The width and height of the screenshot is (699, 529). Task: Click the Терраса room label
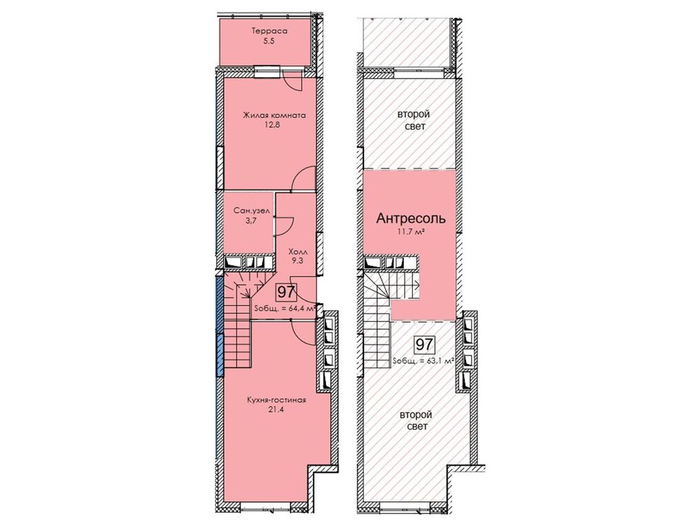[270, 31]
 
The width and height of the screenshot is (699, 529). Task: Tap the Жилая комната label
[274, 115]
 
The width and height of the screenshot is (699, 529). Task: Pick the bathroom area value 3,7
[251, 220]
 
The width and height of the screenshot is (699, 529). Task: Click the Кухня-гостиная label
[276, 400]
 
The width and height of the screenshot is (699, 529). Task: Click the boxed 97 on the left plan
[286, 293]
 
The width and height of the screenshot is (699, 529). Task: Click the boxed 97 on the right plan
[425, 344]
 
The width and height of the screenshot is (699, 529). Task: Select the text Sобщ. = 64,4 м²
[285, 308]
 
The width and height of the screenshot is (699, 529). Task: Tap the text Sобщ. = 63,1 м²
[424, 361]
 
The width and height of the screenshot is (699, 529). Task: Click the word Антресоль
[411, 218]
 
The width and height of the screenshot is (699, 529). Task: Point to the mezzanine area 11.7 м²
[411, 231]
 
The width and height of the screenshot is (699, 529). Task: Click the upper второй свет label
[414, 121]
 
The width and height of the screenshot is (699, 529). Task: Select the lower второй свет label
[416, 421]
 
